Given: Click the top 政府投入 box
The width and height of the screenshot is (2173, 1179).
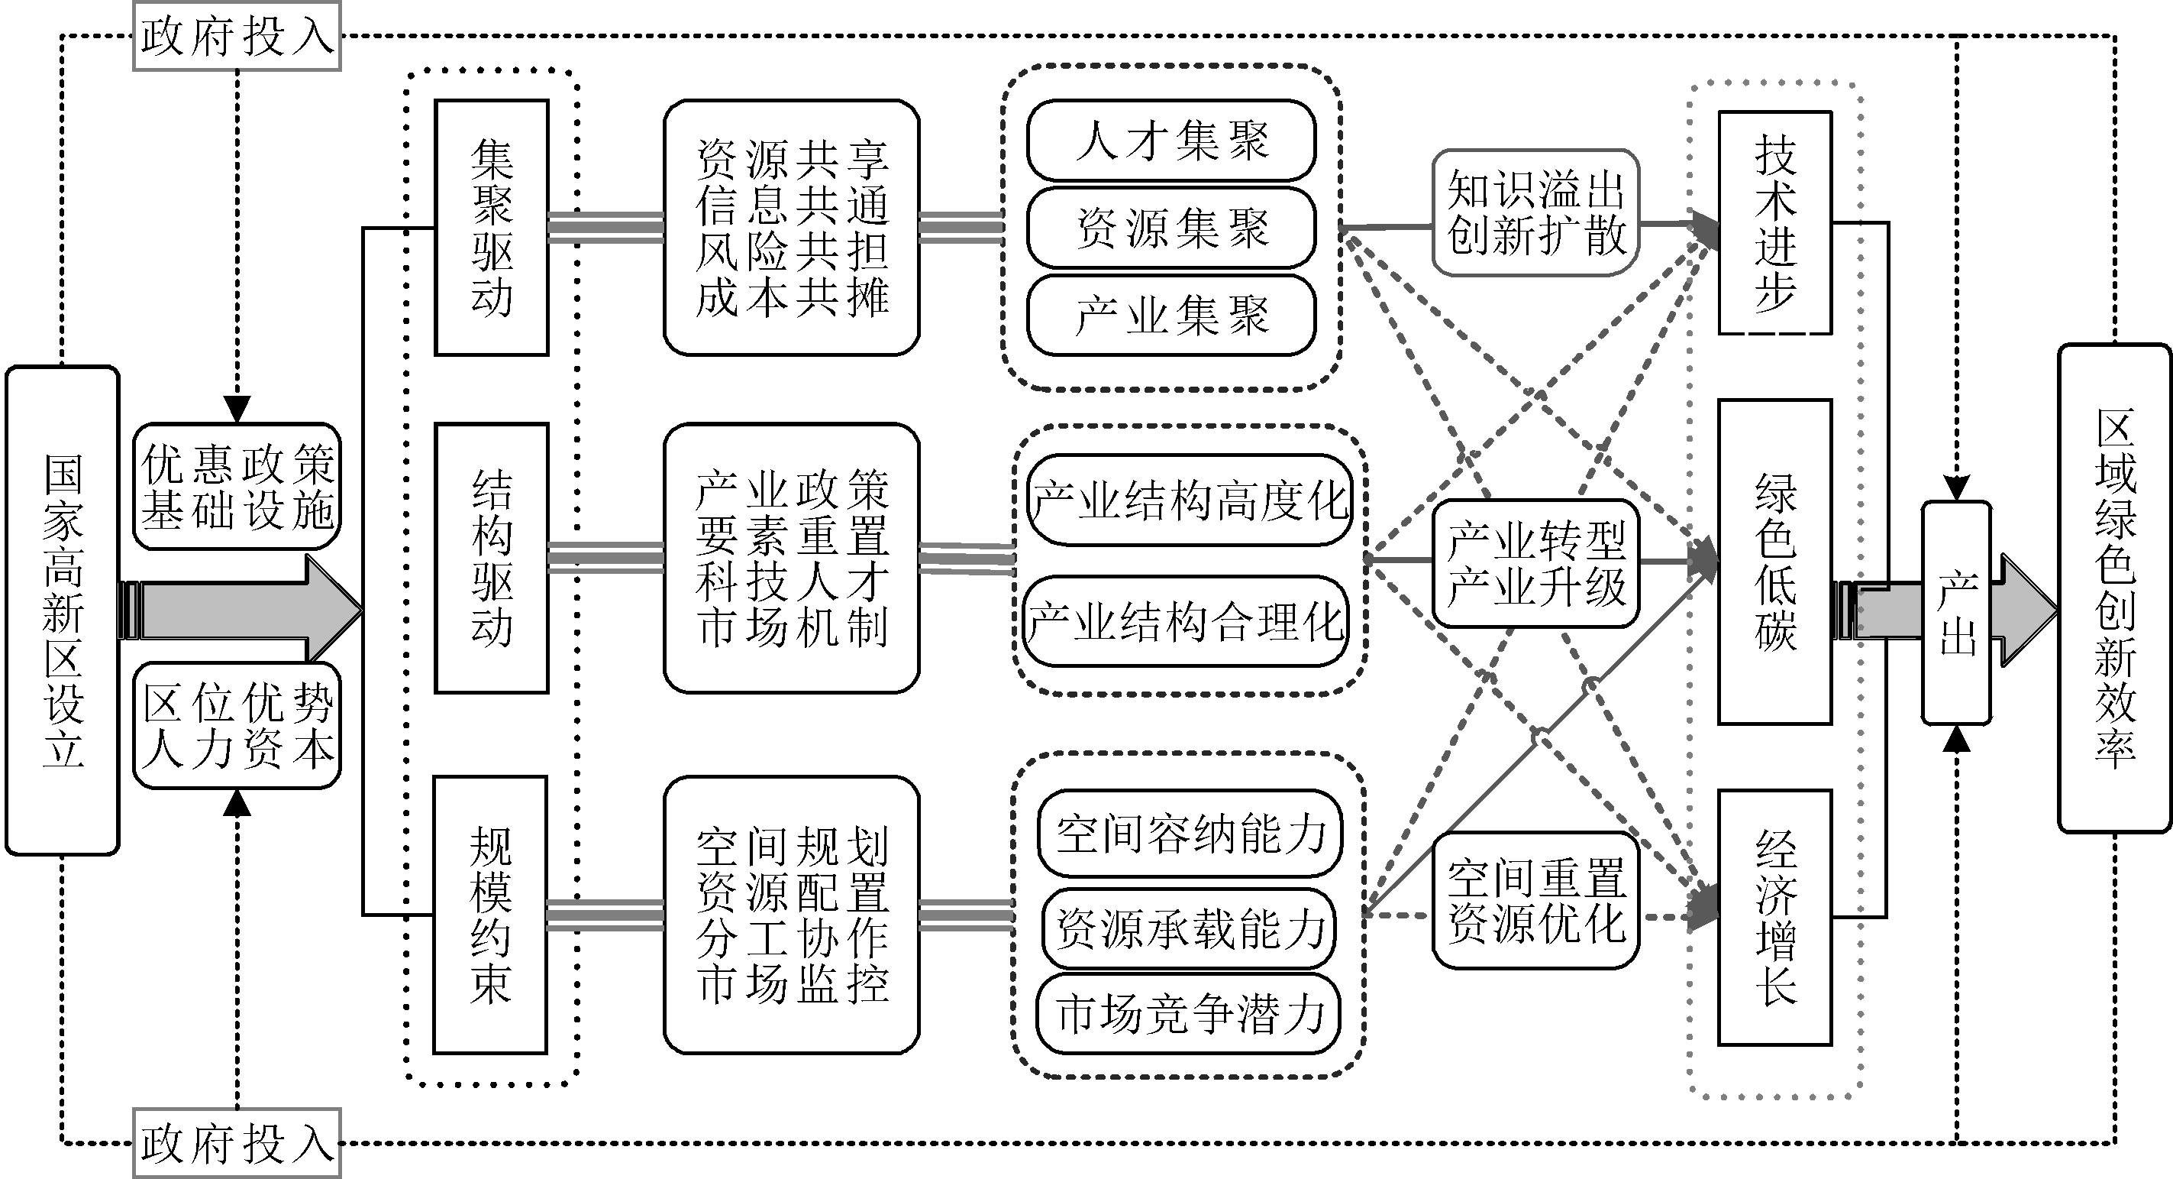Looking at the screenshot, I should click(237, 36).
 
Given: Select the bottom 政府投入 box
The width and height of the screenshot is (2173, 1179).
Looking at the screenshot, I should click(237, 1143).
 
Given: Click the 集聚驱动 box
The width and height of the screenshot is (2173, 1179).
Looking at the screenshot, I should click(492, 228).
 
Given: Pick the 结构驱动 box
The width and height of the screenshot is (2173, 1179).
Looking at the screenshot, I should click(492, 558).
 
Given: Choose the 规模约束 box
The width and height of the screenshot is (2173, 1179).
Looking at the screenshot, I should click(490, 915).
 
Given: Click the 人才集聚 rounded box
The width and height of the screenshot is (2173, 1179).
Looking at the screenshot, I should click(1170, 140).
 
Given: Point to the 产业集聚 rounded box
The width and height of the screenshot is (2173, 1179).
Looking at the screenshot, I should click(1170, 316).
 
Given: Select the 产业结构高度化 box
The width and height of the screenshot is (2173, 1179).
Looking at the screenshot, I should click(1190, 500).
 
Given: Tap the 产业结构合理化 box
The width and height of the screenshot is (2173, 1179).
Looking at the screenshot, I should click(1185, 622).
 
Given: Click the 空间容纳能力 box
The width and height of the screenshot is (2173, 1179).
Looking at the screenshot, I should click(1190, 834).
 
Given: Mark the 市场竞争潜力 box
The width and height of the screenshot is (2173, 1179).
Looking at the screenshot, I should click(1188, 1014).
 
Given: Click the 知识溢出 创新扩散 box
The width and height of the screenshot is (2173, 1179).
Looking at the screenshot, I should click(1535, 212).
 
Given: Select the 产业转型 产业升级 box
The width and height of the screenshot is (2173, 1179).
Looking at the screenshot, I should click(1535, 563).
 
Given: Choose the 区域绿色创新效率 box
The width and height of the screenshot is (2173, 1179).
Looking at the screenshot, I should click(2114, 588).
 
